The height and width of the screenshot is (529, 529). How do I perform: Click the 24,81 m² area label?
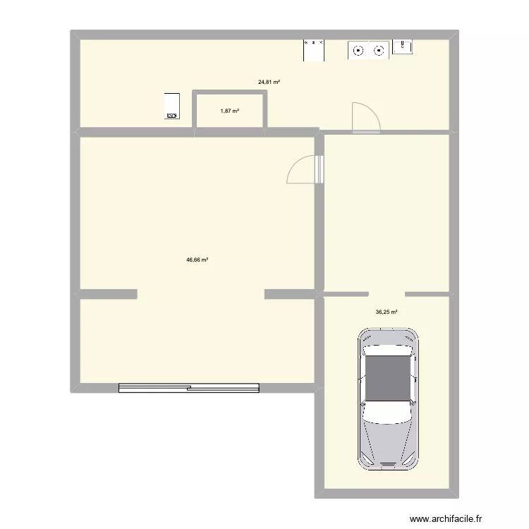pos(269,83)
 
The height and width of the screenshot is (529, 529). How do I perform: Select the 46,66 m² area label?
pos(197,260)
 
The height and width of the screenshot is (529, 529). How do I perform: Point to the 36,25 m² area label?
pos(387,312)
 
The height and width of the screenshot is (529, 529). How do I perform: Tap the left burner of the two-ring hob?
pos(359,50)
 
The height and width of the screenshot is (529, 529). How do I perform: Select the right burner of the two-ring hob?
pos(379,50)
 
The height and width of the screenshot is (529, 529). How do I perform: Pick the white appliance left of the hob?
pos(314,49)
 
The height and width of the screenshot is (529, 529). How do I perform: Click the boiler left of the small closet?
pos(171,105)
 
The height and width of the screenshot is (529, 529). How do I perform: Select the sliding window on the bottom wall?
pos(189,387)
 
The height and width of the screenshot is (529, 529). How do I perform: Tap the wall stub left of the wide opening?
pos(107,293)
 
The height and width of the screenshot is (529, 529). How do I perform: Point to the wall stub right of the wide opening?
pos(290,293)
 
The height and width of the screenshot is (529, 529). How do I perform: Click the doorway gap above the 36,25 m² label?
pos(387,293)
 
